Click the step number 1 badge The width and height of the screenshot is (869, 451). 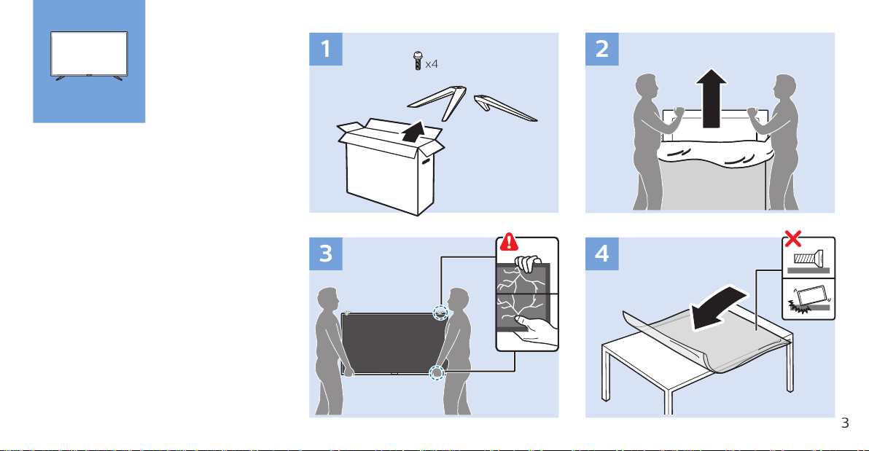point(324,49)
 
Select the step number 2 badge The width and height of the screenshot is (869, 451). point(601,49)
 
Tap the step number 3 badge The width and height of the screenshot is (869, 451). point(324,254)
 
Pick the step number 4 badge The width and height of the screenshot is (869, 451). point(601,254)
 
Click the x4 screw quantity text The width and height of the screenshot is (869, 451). point(432,63)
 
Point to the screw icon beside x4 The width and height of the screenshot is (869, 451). point(417,61)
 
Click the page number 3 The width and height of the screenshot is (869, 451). point(845,423)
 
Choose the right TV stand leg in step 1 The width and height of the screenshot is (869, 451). point(506,107)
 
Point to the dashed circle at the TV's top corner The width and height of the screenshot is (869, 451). point(440,313)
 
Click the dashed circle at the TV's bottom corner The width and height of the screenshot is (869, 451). point(435,372)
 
